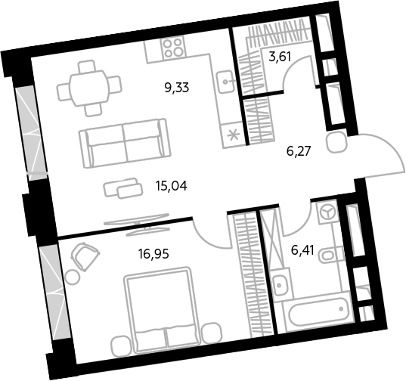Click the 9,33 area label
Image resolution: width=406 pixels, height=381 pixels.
(x=177, y=88)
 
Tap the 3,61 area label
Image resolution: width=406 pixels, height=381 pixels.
(x=280, y=57)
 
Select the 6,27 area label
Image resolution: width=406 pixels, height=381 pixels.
(x=299, y=151)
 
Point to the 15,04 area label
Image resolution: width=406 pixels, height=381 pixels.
(x=171, y=186)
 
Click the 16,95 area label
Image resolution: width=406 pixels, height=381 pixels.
(x=153, y=254)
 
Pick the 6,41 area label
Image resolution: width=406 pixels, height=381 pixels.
(x=302, y=250)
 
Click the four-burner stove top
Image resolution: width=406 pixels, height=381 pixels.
(x=173, y=47)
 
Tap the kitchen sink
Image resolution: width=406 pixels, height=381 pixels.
(x=226, y=82)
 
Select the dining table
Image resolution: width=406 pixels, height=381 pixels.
(x=89, y=88)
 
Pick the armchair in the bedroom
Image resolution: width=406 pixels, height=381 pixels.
(x=85, y=256)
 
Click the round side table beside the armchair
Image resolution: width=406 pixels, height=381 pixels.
(x=73, y=277)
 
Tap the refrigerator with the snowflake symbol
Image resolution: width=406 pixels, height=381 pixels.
(x=233, y=135)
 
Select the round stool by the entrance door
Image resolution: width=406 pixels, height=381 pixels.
(x=337, y=143)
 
